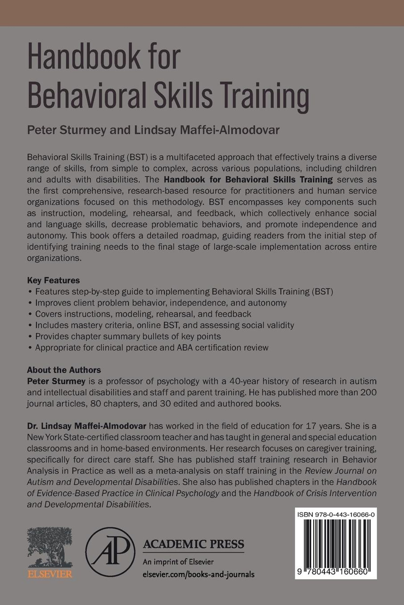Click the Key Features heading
(53, 280)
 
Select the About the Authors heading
(64, 370)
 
